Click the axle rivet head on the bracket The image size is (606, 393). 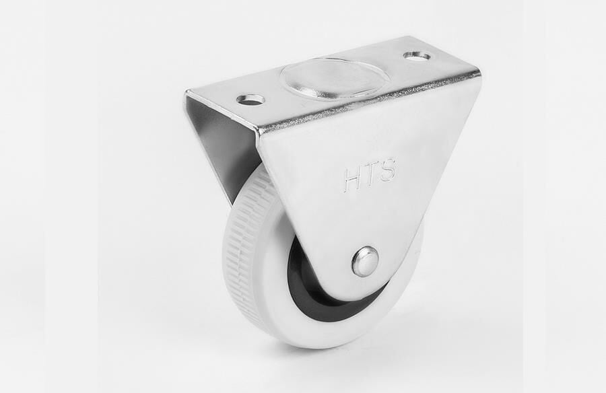(365, 261)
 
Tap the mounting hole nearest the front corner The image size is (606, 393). (250, 100)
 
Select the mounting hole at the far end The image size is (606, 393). (417, 56)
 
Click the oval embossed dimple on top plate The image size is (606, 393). (335, 78)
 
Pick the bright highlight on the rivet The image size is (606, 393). (362, 256)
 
